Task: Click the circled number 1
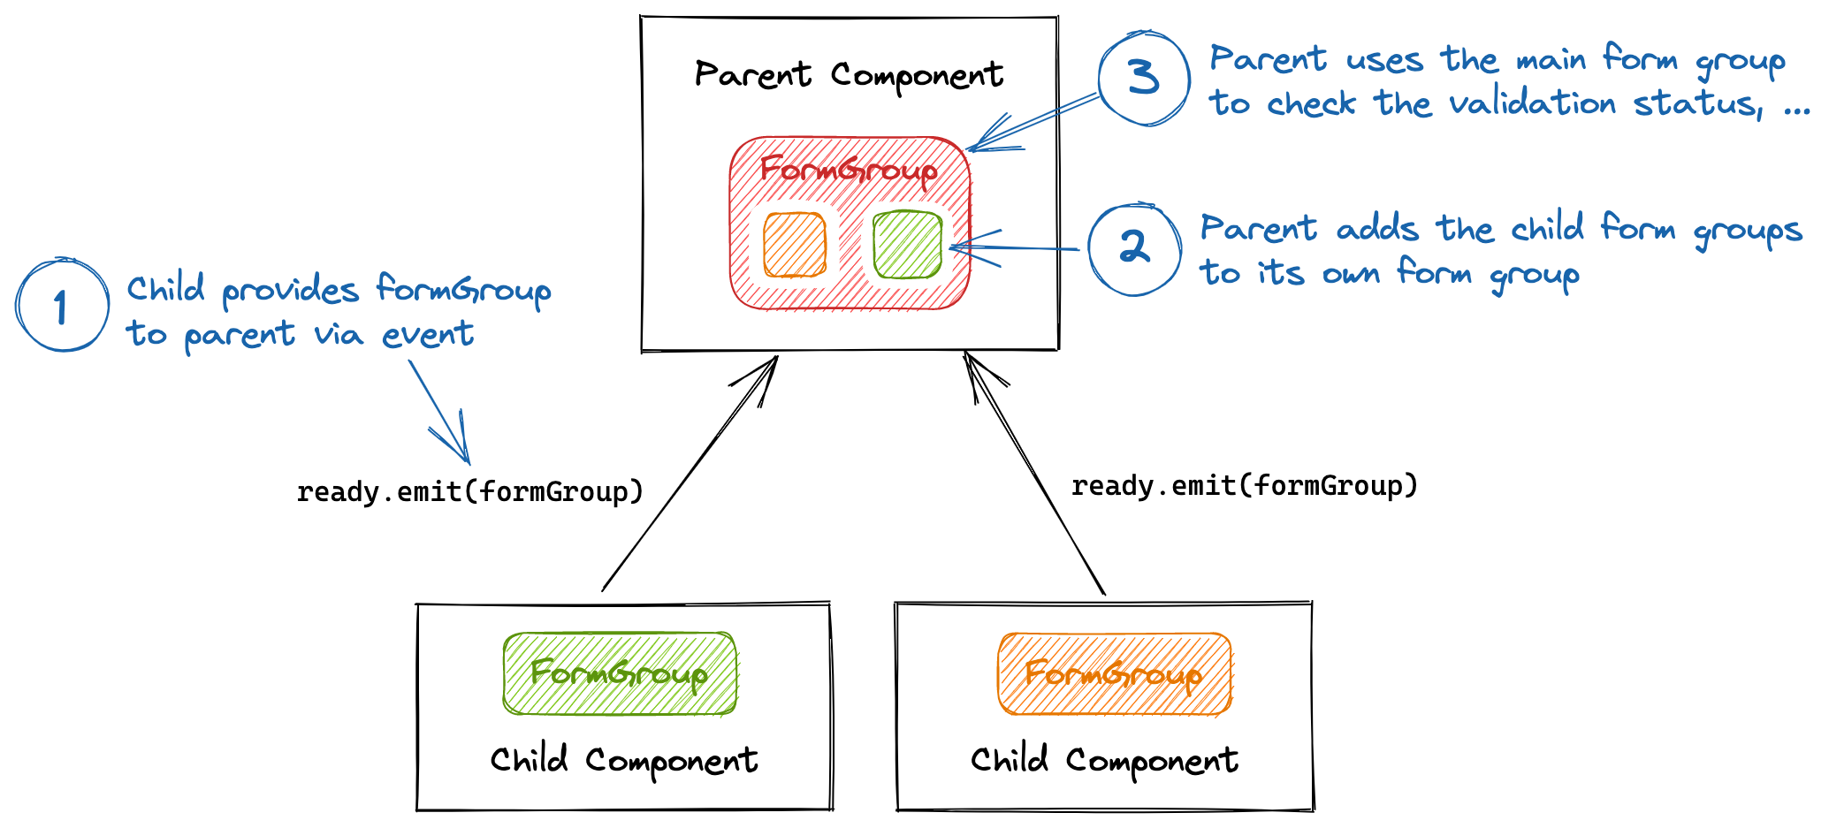(x=62, y=306)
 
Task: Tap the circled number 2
(x=1134, y=249)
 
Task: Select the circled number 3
(x=1144, y=79)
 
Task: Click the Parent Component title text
(x=849, y=75)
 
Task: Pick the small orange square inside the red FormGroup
(x=795, y=245)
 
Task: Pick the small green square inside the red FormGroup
(x=907, y=244)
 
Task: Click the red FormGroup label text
(x=849, y=170)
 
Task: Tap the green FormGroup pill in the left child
(x=619, y=673)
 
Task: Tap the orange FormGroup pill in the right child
(x=1114, y=673)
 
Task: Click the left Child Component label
(x=624, y=760)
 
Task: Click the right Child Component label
(x=1104, y=760)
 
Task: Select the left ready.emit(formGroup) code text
(x=469, y=491)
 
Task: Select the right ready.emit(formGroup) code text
(x=1244, y=485)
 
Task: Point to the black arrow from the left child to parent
(x=690, y=474)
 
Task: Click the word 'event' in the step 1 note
(x=428, y=334)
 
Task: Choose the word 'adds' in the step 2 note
(x=1377, y=230)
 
